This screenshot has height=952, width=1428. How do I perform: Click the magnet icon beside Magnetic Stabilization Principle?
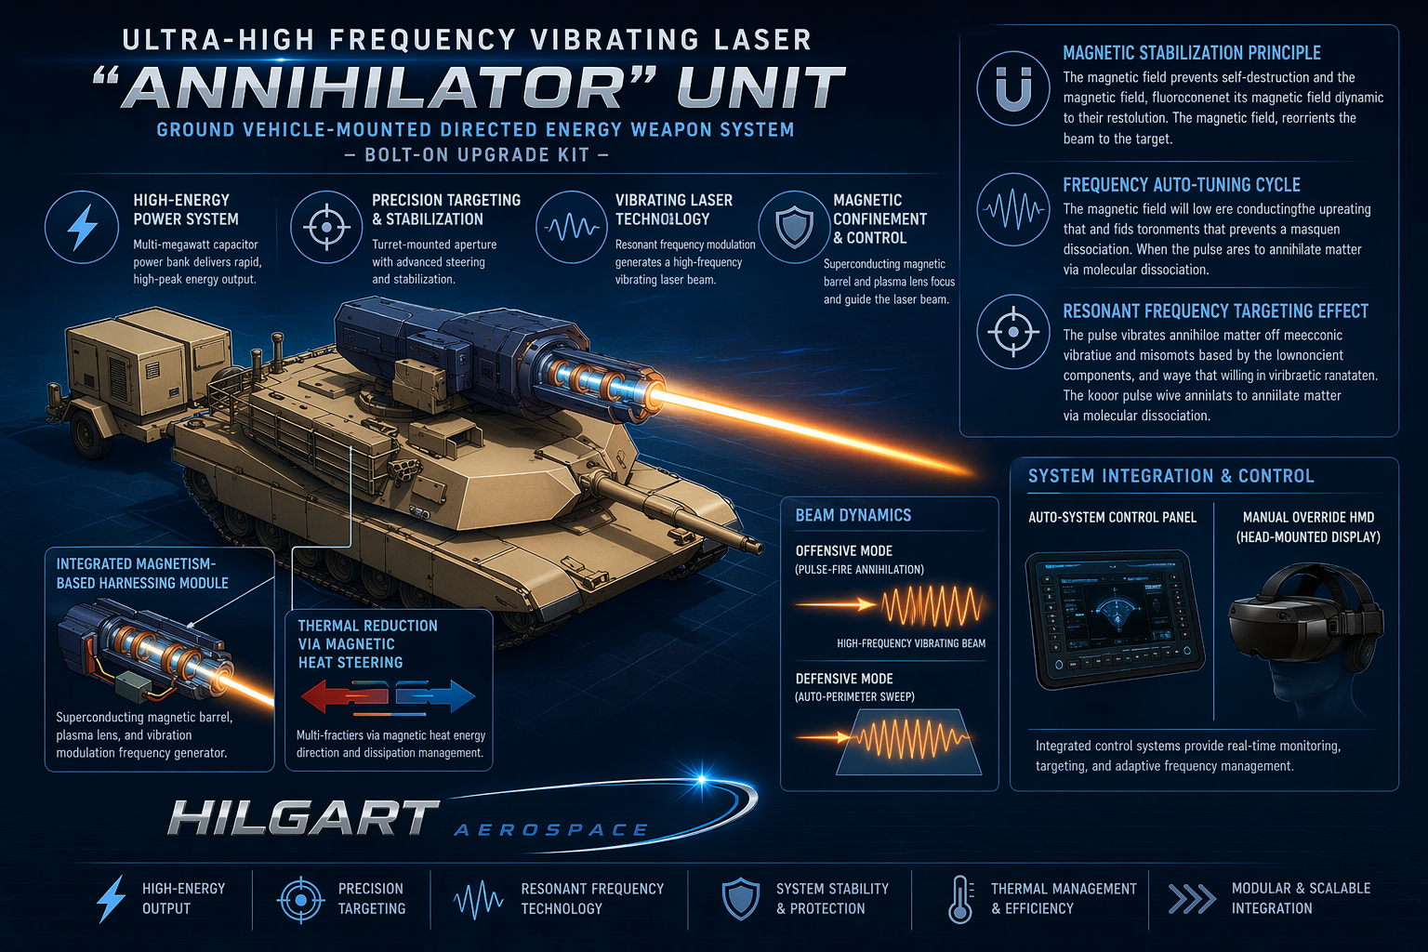1013,88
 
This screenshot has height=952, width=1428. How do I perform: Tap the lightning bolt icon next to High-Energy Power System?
82,227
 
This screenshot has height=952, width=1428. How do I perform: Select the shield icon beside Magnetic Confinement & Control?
794,227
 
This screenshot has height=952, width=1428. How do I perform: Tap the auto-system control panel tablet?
1115,618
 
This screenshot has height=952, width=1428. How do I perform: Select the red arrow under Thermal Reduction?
344,695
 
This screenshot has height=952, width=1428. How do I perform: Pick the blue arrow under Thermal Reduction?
435,695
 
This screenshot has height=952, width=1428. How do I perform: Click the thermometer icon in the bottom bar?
960,899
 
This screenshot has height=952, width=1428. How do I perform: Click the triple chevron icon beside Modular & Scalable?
1192,899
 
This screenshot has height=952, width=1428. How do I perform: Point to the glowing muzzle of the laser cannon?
655,395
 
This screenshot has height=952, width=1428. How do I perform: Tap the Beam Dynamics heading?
853,515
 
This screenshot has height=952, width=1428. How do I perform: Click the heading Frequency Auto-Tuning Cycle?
1182,185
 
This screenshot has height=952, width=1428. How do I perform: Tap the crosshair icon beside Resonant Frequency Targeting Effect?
1013,332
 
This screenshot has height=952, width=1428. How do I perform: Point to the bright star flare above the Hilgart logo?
701,778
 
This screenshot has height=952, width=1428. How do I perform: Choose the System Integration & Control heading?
1171,476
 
